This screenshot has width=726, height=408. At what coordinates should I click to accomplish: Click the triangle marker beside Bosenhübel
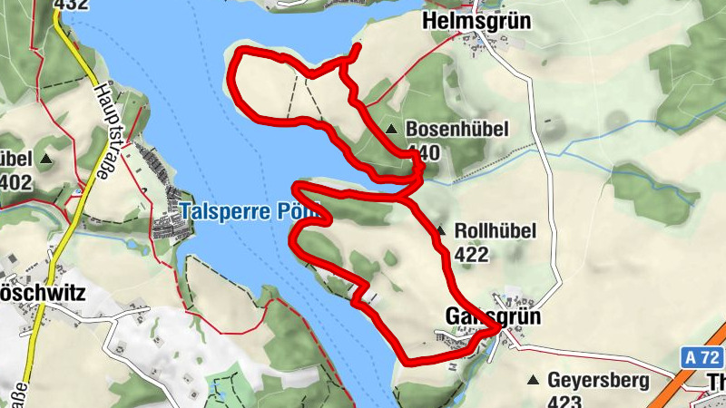(x=391, y=130)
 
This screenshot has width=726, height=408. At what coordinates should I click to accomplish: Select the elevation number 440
(x=423, y=151)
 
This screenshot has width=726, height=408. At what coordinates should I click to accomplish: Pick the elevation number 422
(x=472, y=255)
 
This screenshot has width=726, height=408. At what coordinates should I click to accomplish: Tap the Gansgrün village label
(x=494, y=316)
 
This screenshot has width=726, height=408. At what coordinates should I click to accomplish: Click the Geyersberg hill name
(x=598, y=379)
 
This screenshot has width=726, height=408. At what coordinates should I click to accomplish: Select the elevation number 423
(x=566, y=400)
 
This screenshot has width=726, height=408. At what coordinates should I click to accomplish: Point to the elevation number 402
(x=15, y=182)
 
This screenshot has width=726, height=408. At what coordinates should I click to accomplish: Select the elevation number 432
(x=71, y=5)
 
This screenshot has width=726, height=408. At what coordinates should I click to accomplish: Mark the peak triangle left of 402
(x=45, y=160)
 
